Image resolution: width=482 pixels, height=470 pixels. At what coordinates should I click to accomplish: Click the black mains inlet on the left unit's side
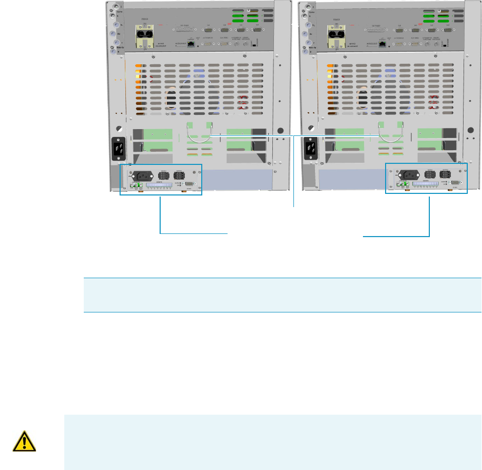point(119,148)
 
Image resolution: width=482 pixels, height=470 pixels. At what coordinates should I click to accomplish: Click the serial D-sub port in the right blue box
point(455,182)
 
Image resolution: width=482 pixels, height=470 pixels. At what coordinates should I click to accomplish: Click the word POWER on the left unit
point(141,22)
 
